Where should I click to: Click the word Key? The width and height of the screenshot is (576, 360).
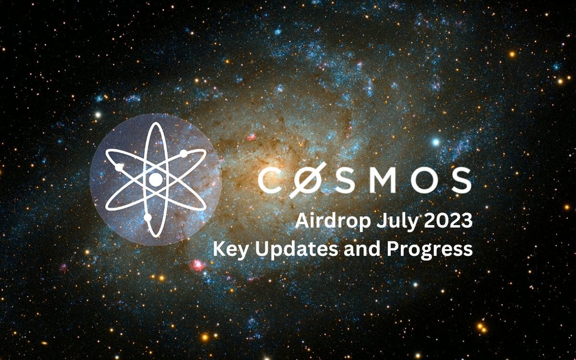pos(229,250)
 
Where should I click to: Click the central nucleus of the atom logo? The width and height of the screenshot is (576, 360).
pos(156,180)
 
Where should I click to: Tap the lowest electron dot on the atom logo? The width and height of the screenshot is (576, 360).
pos(148,217)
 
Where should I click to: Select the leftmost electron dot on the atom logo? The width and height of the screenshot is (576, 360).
pos(120,168)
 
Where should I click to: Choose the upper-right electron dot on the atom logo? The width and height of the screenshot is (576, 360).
pos(183,154)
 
